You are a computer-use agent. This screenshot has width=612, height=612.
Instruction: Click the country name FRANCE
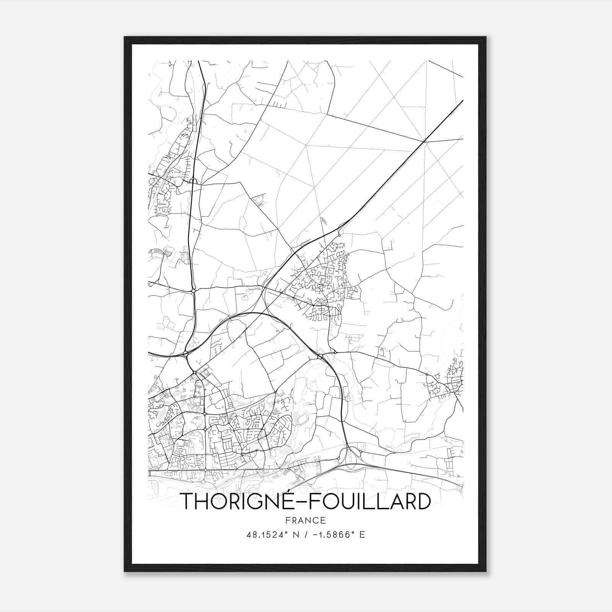[306, 520]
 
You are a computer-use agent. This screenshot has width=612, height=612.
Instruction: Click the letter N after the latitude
[295, 535]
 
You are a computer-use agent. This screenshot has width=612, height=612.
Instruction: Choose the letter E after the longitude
[362, 535]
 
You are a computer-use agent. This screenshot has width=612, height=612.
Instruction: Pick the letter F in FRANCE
[288, 520]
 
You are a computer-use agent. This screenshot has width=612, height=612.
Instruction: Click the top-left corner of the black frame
[125, 37]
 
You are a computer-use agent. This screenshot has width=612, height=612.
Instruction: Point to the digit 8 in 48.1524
[254, 535]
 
